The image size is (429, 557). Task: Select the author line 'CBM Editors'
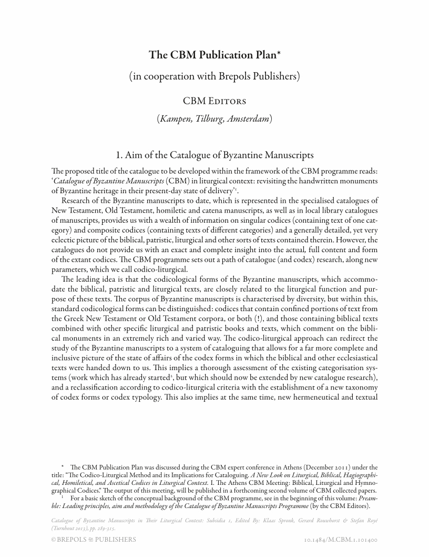tap(214, 100)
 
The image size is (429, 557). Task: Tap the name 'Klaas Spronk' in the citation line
tap(290, 521)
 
